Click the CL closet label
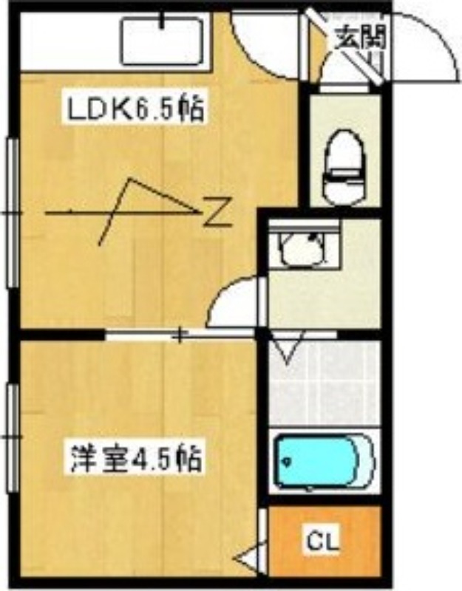pyautogui.click(x=323, y=544)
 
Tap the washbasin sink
pyautogui.click(x=302, y=248)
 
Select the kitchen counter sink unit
pyautogui.click(x=161, y=41)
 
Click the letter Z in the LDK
pyautogui.click(x=217, y=212)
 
